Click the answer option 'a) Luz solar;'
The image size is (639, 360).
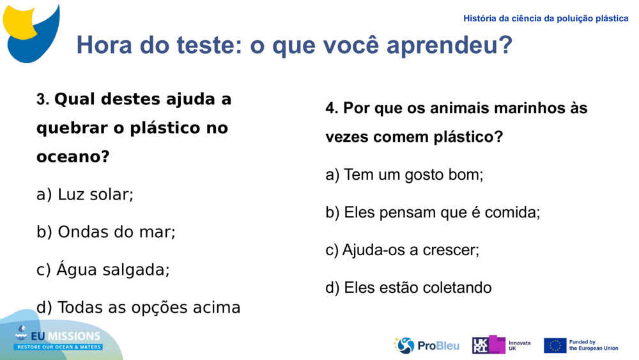tap(85, 194)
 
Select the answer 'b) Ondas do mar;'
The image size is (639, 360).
tap(106, 232)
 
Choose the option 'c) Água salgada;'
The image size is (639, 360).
tap(104, 270)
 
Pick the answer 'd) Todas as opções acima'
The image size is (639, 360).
tap(139, 308)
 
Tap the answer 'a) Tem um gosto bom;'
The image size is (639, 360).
tap(404, 175)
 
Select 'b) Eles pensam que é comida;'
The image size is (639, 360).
tap(433, 212)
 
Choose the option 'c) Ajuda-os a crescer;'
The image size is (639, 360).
tap(403, 250)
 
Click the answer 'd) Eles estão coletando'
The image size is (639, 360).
tap(409, 288)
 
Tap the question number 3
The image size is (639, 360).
tap(42, 100)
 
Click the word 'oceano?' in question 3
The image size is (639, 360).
tap(73, 156)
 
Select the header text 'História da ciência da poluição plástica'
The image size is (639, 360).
tap(546, 19)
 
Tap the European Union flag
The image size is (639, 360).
tap(555, 345)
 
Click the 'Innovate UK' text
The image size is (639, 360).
tap(520, 346)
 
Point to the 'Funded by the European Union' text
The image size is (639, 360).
tap(594, 345)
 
